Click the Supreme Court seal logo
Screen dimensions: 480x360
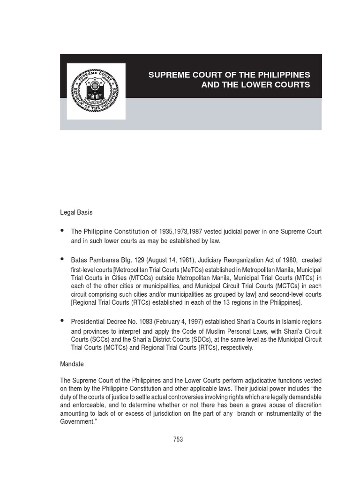(x=96, y=91)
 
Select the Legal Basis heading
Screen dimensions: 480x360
(x=76, y=212)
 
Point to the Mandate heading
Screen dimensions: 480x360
(x=72, y=363)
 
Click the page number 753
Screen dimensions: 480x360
(x=178, y=439)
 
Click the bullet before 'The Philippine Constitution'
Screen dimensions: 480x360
(x=63, y=231)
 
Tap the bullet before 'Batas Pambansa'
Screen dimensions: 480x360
(x=63, y=259)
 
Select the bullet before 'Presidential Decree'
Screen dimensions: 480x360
(x=63, y=321)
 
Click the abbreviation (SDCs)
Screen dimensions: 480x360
(x=195, y=339)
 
